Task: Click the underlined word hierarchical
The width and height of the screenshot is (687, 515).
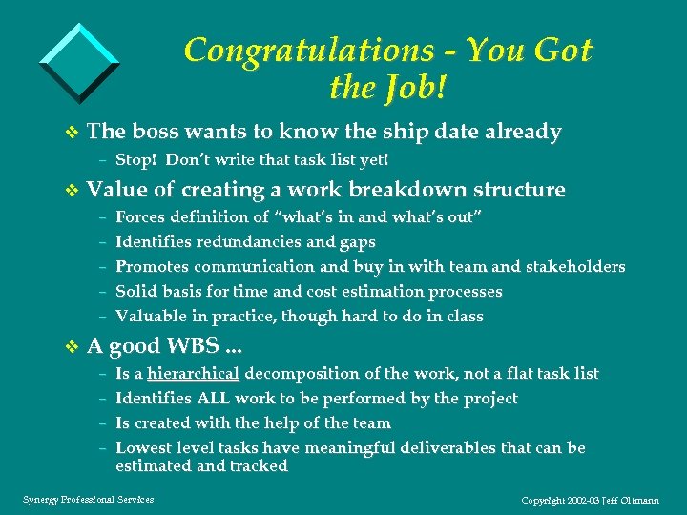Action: (192, 374)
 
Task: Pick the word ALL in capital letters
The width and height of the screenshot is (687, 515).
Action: (218, 399)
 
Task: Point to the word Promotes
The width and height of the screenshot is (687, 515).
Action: (153, 267)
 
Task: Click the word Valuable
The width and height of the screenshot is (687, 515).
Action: (151, 317)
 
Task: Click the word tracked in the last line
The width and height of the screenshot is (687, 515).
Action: (257, 466)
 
